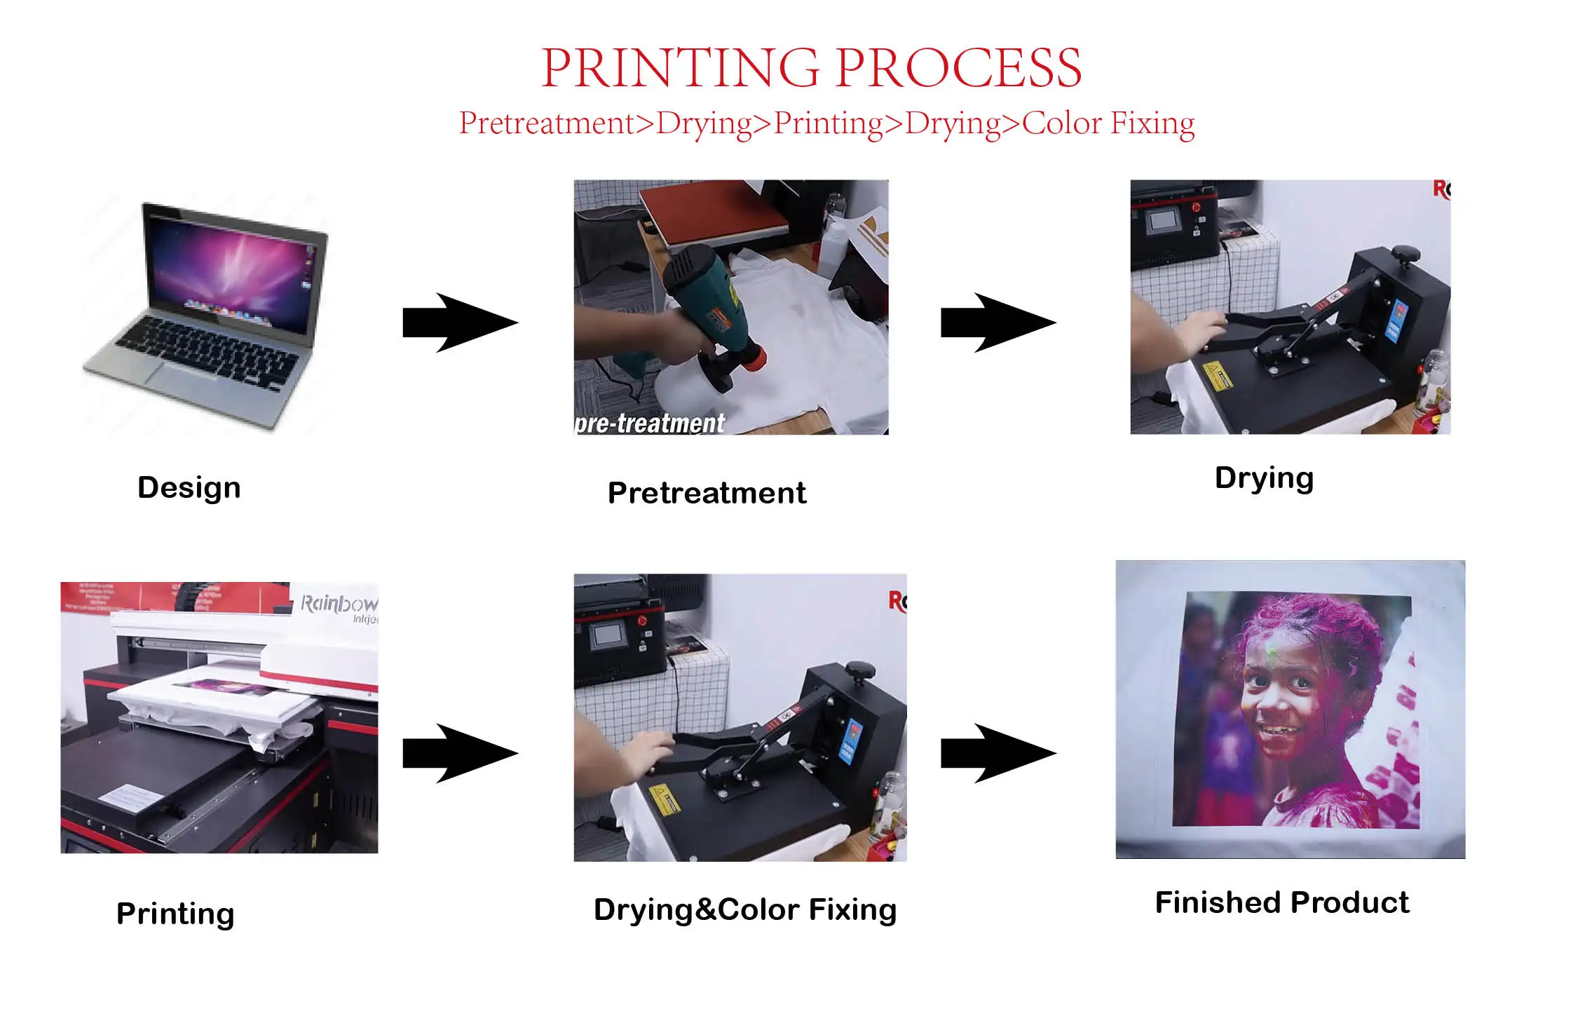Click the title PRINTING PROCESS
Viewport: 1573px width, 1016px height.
tap(811, 68)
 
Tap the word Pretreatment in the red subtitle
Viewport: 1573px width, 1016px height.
tap(546, 123)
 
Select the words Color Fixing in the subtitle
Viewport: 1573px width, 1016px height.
tap(1108, 123)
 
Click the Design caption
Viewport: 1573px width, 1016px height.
tap(189, 487)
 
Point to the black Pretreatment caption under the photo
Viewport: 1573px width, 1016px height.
tap(707, 493)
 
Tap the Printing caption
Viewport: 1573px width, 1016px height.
tap(175, 914)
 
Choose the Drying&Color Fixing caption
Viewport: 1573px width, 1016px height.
tap(745, 909)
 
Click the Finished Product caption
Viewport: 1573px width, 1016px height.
tap(1281, 902)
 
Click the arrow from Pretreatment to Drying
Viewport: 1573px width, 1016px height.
tap(997, 323)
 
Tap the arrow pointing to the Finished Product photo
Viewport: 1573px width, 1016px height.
tap(997, 753)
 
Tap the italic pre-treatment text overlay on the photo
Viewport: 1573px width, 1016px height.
tap(649, 423)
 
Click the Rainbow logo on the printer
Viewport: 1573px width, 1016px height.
tap(339, 604)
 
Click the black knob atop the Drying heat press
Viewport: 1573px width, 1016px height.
tap(1405, 253)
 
